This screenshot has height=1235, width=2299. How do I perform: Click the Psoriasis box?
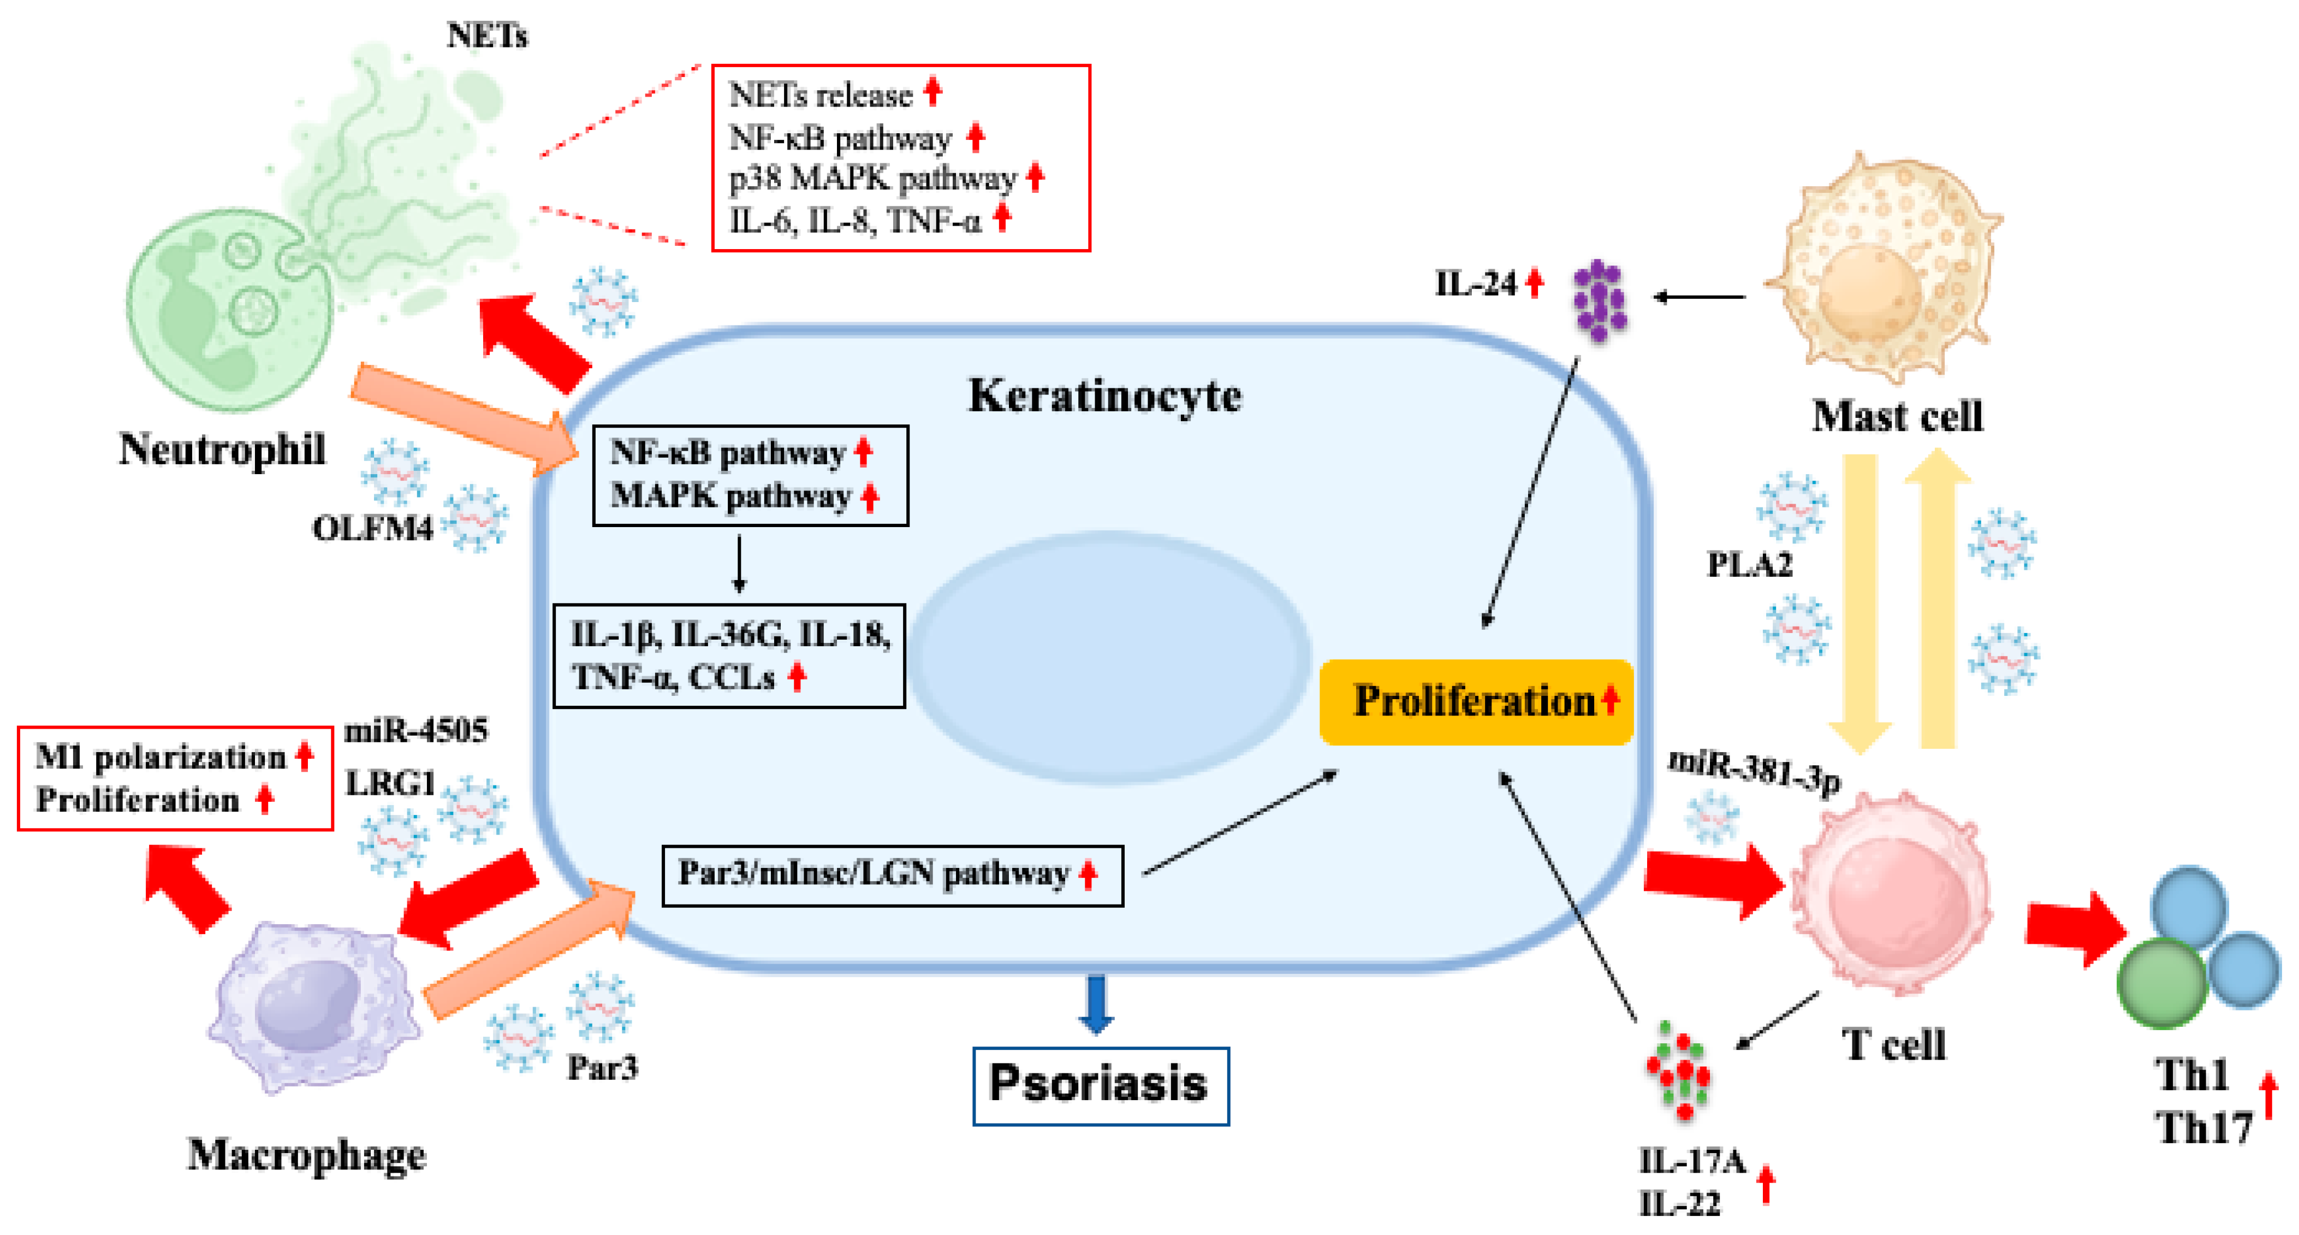(x=1100, y=1085)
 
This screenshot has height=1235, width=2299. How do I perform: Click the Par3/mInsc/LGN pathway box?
(x=892, y=875)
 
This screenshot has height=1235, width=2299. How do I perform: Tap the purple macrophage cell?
(x=312, y=1004)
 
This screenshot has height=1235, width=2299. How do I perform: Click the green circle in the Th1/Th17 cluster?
(x=2161, y=982)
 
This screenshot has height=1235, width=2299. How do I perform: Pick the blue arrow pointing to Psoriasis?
(x=1096, y=1004)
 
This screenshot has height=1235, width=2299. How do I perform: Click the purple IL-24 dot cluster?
(x=1599, y=300)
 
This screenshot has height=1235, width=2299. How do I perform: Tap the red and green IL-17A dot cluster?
(x=1678, y=1072)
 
